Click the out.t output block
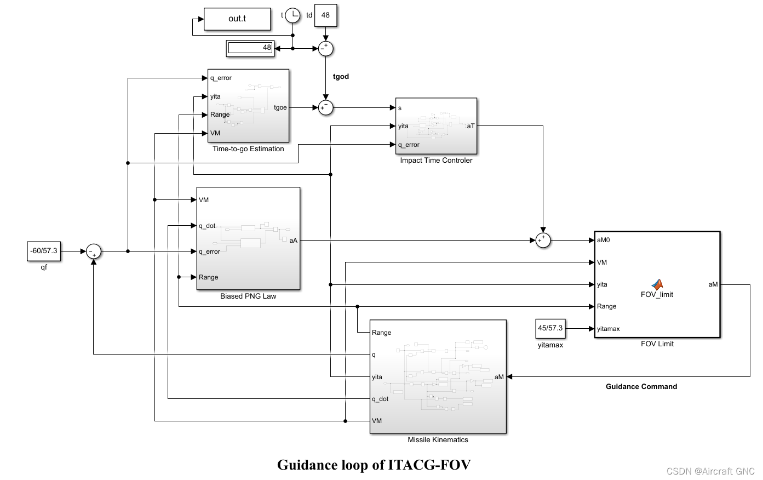click(x=237, y=19)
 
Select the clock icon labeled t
click(x=293, y=15)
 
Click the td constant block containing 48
click(x=325, y=15)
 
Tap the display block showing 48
click(x=250, y=48)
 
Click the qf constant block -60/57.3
click(x=44, y=251)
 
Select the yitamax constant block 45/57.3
click(x=550, y=328)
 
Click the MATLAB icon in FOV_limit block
click(x=657, y=284)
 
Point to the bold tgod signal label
click(x=341, y=77)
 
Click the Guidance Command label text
click(x=641, y=387)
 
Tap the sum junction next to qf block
click(x=94, y=252)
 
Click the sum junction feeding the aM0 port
click(x=543, y=240)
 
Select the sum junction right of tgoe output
click(x=326, y=107)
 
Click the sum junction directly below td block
click(x=326, y=48)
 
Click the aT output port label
click(x=471, y=126)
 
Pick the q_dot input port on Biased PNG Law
click(x=206, y=226)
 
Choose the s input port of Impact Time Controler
click(x=400, y=108)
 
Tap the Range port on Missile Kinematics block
click(x=381, y=333)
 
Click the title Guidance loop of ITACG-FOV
click(x=374, y=465)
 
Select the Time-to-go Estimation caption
click(x=248, y=149)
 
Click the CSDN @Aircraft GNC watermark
click(x=710, y=471)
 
